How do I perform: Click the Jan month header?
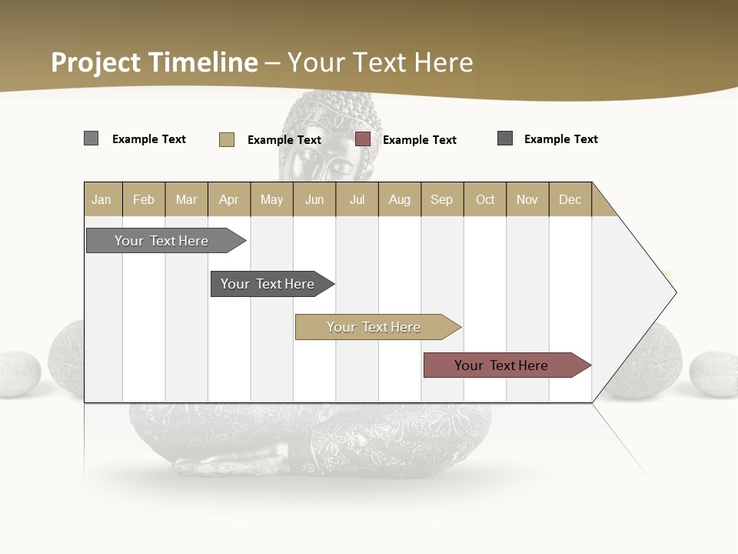102,199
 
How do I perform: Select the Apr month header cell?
229,199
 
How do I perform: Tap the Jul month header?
357,199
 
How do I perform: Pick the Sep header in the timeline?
441,199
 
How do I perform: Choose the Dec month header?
570,199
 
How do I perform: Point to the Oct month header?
484,199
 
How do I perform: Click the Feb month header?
144,199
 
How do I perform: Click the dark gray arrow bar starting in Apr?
269,284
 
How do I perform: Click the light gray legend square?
91,138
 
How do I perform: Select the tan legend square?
227,139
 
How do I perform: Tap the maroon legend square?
363,139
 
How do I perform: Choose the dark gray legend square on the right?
505,138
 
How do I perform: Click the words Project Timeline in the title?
154,62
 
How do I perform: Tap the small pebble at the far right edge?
714,374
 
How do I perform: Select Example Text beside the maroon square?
419,140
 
